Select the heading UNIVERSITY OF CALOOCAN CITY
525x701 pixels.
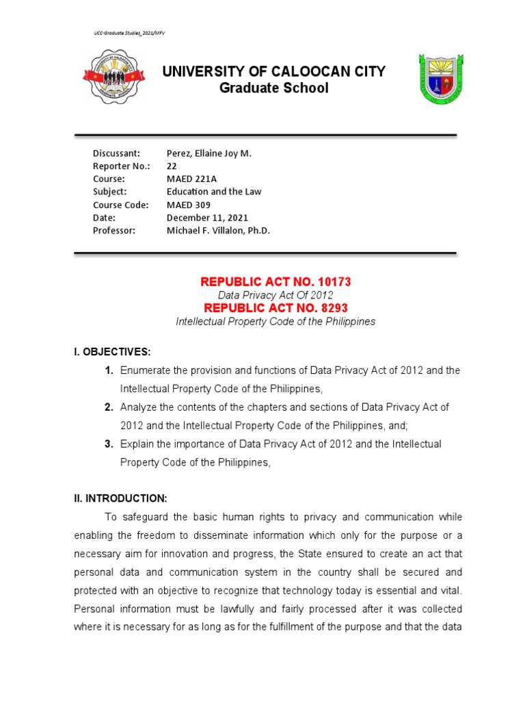click(273, 72)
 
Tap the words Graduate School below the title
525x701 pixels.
click(273, 88)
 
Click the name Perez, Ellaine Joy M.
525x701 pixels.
click(209, 153)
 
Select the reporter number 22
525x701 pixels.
click(172, 166)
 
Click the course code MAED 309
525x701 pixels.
click(189, 205)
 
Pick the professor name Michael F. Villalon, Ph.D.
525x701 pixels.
click(219, 231)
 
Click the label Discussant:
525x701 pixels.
click(116, 153)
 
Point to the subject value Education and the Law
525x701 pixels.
click(214, 192)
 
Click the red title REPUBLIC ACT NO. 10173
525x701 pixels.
click(275, 282)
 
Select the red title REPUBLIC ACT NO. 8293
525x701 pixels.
click(275, 308)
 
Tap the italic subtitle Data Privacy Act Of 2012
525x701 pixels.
click(275, 295)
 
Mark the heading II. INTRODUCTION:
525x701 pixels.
click(120, 498)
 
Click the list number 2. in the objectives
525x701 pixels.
click(109, 407)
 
